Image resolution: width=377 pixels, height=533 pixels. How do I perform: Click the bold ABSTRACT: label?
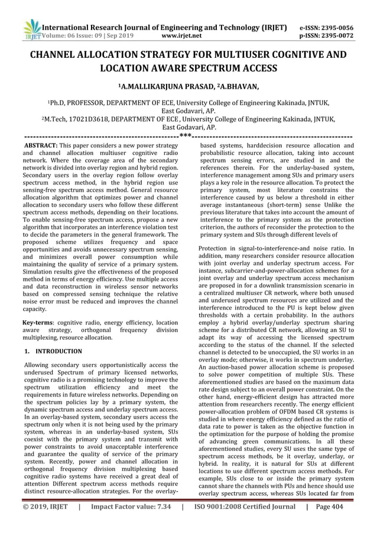click(x=40, y=145)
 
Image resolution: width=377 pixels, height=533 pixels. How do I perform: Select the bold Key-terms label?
click(x=38, y=322)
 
